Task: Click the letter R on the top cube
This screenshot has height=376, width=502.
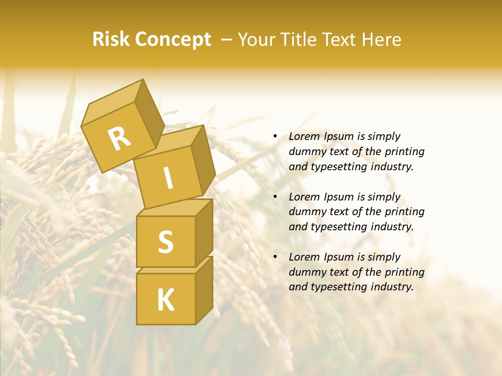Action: (119, 138)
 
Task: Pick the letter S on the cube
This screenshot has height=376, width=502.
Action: (165, 242)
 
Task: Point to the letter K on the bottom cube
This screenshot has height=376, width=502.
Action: (165, 300)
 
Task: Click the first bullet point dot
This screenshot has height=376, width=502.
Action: (275, 136)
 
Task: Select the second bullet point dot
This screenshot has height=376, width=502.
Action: (275, 197)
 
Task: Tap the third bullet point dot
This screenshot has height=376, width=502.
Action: (275, 257)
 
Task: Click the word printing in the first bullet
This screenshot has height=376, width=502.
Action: (404, 151)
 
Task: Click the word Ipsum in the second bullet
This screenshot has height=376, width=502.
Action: (339, 197)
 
